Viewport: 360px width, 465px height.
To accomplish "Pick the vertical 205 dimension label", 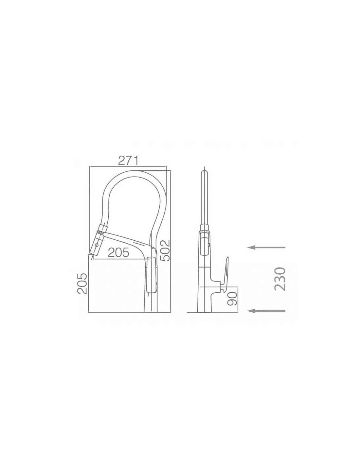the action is tap(82, 284).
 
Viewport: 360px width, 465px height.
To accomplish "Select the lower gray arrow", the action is tap(266, 311).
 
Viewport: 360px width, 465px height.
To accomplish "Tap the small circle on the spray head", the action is tap(97, 245).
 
